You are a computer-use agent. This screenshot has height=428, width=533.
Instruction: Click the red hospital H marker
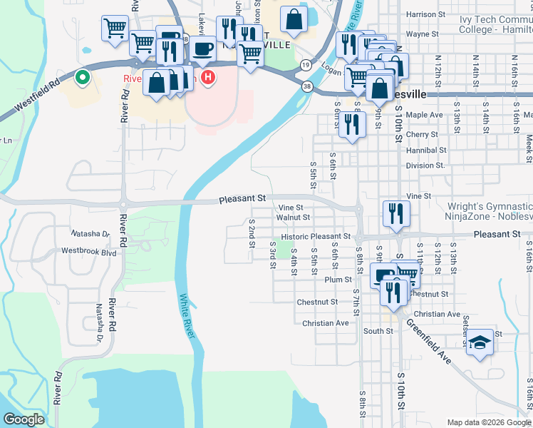207,77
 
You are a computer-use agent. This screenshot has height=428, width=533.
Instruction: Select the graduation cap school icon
480,342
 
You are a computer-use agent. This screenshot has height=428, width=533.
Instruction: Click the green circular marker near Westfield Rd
83,78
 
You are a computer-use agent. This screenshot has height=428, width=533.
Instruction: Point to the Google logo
24,419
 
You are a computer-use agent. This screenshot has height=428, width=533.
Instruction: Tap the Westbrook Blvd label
88,251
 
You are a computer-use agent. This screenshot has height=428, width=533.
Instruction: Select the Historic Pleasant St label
316,236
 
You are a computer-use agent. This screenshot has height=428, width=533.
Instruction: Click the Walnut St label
293,217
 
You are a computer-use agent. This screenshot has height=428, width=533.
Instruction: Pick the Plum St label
338,280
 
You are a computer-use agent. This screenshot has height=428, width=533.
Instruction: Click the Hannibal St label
425,151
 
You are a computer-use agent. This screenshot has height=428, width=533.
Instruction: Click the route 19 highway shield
305,65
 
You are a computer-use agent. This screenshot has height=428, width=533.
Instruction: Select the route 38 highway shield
306,86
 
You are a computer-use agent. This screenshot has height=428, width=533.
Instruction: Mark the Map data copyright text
490,422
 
